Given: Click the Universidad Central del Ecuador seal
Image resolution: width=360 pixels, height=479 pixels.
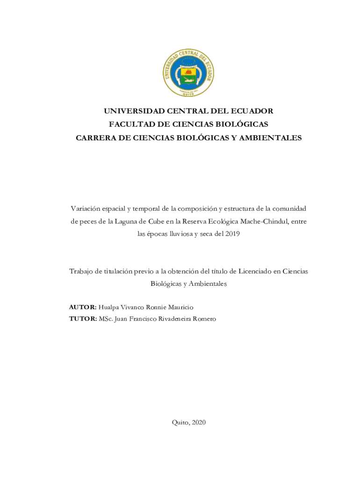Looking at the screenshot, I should pyautogui.click(x=188, y=73).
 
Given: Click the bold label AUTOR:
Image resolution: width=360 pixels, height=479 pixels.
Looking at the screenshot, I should pyautogui.click(x=83, y=307).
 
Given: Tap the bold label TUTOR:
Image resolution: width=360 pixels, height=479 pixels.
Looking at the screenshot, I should pyautogui.click(x=83, y=319).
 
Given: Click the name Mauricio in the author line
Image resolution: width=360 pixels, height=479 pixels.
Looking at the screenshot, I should pyautogui.click(x=180, y=307).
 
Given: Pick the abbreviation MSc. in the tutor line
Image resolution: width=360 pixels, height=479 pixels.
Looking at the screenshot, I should pyautogui.click(x=106, y=319).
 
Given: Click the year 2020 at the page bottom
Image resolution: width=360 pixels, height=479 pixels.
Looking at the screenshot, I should pyautogui.click(x=198, y=422).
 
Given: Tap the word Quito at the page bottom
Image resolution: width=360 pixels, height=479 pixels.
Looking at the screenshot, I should pyautogui.click(x=180, y=422).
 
